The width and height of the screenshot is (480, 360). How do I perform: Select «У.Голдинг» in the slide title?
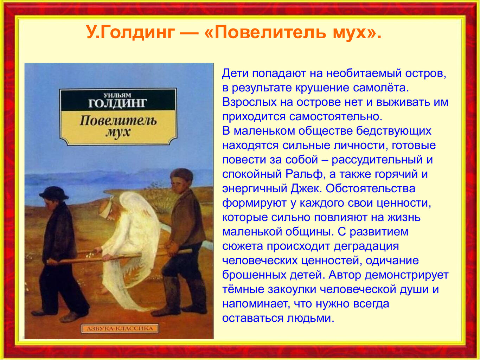coord(130,32)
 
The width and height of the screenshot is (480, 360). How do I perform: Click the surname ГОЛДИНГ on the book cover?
coord(117,103)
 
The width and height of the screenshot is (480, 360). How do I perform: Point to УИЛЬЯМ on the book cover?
coord(117,95)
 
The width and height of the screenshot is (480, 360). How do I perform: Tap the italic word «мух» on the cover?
coord(118,132)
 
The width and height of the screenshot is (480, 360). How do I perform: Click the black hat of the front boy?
coord(53,193)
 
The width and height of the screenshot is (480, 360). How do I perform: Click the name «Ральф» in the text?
coord(304,174)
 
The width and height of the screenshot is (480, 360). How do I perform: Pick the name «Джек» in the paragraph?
coord(305,189)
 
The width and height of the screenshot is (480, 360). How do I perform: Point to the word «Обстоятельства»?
coord(370,189)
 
